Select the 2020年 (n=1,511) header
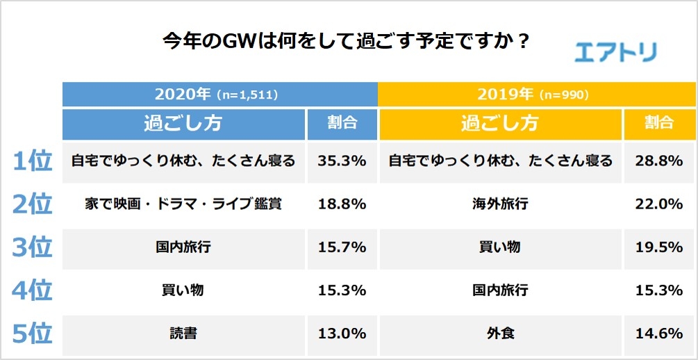[x=219, y=94]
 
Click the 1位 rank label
[x=33, y=161]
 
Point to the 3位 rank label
[x=33, y=247]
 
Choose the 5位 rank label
[x=33, y=334]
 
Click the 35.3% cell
[x=342, y=161]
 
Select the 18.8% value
[x=342, y=204]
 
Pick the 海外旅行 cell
[x=500, y=204]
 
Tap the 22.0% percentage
[x=659, y=204]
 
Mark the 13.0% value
[x=342, y=334]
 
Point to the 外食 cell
[x=500, y=334]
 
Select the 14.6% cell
[x=659, y=334]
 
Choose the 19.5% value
[x=659, y=247]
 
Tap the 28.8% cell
[x=659, y=161]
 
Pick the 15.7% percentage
[x=342, y=247]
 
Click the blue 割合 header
[x=342, y=124]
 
